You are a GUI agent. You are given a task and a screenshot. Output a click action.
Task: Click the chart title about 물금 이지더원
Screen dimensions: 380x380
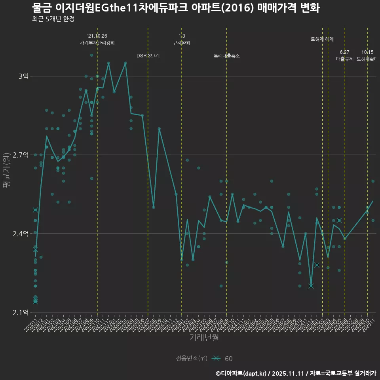[x=175, y=8]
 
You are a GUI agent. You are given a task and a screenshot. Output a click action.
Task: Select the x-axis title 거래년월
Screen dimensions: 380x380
[x=204, y=338]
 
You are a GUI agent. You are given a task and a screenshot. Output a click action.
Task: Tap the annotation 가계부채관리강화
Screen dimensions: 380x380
[x=97, y=43]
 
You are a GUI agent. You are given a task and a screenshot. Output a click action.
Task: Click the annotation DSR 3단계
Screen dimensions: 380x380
[x=148, y=56]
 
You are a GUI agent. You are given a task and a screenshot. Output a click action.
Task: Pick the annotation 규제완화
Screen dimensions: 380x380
[x=182, y=43]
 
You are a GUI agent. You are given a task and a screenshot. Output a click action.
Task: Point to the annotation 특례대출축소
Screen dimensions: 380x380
[x=226, y=56]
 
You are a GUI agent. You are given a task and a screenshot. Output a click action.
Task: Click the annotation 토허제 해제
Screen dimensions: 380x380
[x=322, y=39]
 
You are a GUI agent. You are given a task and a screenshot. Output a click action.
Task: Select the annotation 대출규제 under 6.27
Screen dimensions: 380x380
[x=345, y=59]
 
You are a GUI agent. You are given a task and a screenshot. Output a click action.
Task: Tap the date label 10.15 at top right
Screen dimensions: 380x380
[x=367, y=52]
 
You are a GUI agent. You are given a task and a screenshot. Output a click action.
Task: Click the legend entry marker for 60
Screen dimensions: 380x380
[x=216, y=359]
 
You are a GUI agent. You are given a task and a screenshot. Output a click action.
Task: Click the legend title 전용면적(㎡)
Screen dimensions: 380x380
[x=192, y=359]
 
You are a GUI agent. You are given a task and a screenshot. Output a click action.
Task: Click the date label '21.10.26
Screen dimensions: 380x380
[x=97, y=36]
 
